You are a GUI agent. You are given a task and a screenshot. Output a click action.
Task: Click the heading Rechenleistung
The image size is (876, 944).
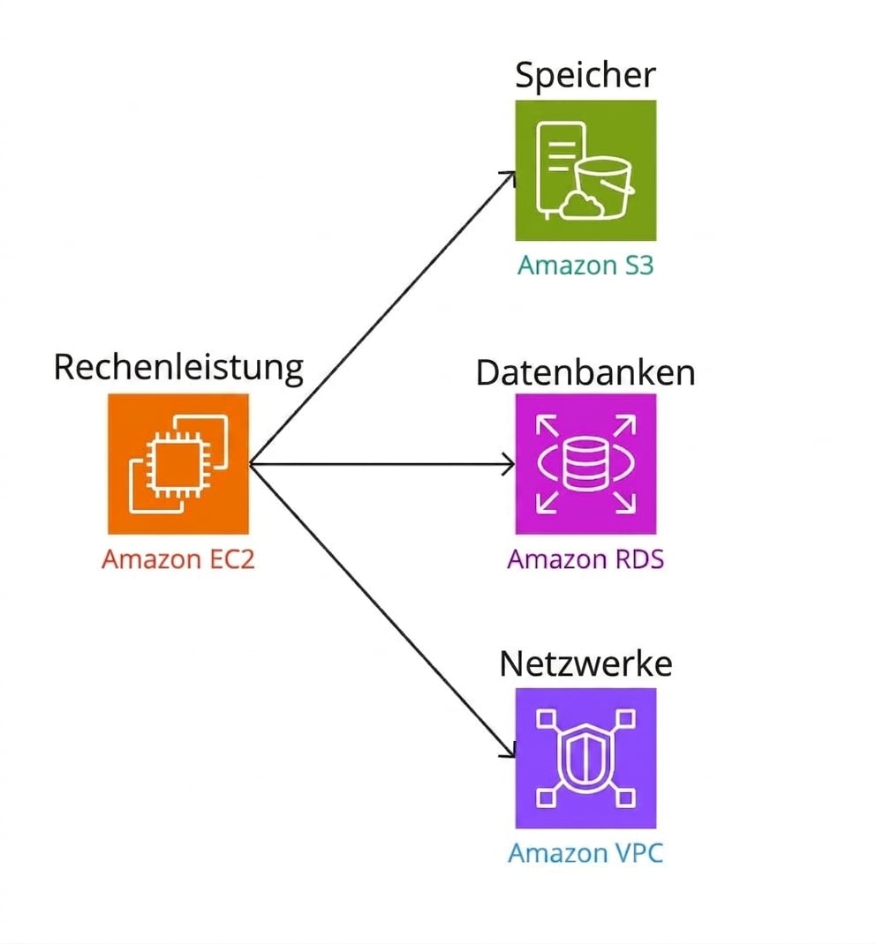click(x=178, y=367)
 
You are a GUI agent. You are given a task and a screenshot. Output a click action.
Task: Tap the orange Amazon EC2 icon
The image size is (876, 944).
click(x=178, y=463)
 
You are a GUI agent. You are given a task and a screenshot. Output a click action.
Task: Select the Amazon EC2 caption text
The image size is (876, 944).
click(x=178, y=559)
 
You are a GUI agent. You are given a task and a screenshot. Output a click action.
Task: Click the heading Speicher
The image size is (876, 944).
click(x=585, y=76)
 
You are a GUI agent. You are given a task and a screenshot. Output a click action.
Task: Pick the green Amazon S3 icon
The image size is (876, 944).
click(x=585, y=170)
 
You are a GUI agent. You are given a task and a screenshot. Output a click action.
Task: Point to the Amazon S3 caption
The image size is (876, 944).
click(x=585, y=265)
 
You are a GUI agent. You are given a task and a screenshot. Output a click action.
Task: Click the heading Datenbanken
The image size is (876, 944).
click(x=585, y=372)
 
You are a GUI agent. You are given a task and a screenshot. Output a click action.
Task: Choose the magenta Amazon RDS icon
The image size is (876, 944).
click(x=585, y=463)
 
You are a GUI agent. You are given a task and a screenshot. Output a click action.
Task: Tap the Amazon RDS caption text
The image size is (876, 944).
click(x=585, y=559)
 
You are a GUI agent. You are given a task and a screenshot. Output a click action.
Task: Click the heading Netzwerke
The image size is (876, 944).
click(x=585, y=663)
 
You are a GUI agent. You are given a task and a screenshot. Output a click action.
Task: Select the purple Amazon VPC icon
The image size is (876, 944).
click(x=585, y=758)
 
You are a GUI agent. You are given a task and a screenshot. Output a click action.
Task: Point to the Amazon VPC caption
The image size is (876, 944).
click(x=585, y=853)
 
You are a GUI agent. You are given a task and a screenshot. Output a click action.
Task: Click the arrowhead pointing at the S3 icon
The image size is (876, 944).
click(x=510, y=176)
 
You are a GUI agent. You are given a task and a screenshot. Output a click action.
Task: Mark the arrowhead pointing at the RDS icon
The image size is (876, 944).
click(x=510, y=464)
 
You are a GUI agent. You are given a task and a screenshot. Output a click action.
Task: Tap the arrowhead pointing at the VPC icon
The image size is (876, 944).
click(x=510, y=752)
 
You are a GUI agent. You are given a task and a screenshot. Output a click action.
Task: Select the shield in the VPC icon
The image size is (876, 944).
click(x=585, y=756)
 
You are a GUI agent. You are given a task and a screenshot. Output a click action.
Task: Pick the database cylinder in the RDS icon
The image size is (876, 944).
click(x=585, y=464)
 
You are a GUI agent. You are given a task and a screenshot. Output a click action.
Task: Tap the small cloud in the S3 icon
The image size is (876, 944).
click(x=584, y=205)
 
